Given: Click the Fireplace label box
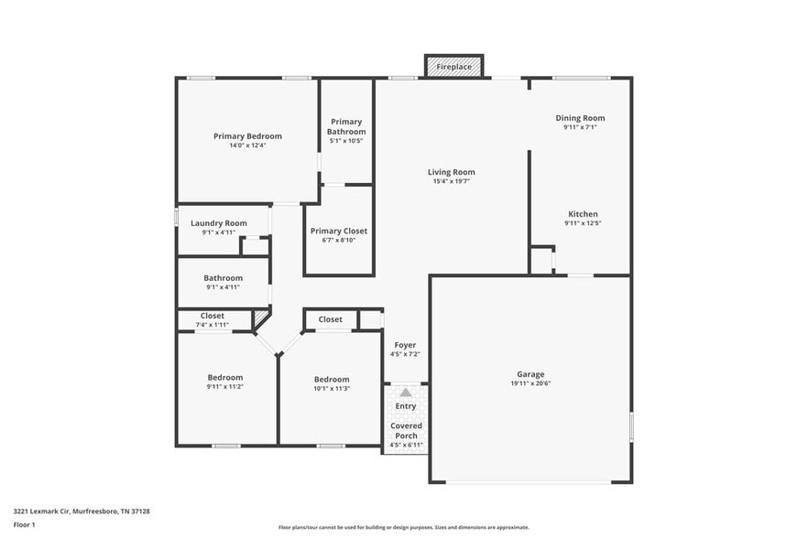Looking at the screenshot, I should point(453,67).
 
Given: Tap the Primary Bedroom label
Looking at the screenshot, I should point(247,136).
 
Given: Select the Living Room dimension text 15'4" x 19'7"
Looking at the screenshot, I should point(453,181).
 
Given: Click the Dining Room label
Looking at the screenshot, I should point(580,118).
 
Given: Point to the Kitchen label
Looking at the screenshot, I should point(583,214).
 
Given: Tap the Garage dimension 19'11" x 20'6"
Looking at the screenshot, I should point(530,383).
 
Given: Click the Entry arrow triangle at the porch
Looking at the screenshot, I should point(406,392).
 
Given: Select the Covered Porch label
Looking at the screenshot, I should point(406,430).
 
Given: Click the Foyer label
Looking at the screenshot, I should point(404,345).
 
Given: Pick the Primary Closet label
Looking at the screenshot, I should point(338,231).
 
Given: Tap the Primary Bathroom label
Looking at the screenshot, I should point(346,126).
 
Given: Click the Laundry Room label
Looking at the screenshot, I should point(219,223).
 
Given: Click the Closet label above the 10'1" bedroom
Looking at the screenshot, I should point(331,319).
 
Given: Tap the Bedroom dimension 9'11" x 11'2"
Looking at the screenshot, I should point(224,387).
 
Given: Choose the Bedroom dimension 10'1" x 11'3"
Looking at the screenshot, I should point(332,388).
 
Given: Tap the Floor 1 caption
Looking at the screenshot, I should point(24,524).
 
